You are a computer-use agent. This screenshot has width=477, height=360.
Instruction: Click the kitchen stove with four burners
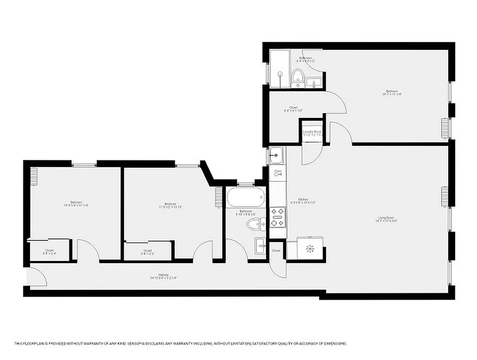click(x=277, y=216)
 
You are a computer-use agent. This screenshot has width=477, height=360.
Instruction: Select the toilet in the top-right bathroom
click(x=297, y=77)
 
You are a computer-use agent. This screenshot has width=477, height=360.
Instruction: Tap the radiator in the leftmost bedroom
click(x=34, y=175)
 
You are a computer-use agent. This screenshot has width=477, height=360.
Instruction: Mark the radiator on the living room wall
click(x=445, y=196)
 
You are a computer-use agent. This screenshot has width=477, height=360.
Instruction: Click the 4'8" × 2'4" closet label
click(x=49, y=252)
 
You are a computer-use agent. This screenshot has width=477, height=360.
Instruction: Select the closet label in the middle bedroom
click(x=148, y=252)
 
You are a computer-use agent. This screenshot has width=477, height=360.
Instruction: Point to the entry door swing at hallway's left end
click(x=38, y=277)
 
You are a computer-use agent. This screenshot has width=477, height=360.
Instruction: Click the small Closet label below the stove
click(x=276, y=251)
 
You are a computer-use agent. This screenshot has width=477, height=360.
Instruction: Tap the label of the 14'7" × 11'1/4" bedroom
click(x=391, y=93)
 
